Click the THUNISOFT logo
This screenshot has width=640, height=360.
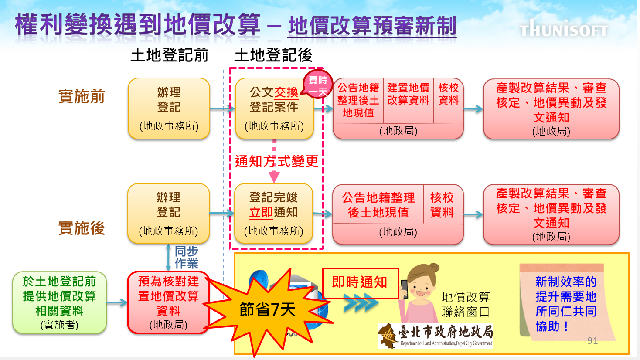pos(563,29)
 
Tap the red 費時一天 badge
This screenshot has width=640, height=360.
pos(318,85)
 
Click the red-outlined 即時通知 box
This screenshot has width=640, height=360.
pos(360,283)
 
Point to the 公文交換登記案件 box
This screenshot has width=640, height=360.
pos(274,109)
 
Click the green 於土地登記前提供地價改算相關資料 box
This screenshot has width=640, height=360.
pos(59,302)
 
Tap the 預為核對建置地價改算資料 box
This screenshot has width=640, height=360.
pos(168,302)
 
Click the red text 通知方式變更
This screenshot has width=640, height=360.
pos(277,161)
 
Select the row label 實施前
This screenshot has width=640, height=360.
pos(82,96)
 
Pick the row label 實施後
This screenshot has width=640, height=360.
pos(82,228)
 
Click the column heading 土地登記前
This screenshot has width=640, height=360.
pos(170,55)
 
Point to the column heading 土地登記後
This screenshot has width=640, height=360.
pos(273,55)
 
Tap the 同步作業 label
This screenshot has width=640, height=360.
pos(186,257)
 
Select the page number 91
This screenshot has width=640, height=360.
pos(592,341)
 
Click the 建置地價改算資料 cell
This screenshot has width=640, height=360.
pos(408,94)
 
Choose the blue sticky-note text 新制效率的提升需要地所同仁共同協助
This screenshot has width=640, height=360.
pos(565,304)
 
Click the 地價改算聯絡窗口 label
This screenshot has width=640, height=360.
pos(466,304)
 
